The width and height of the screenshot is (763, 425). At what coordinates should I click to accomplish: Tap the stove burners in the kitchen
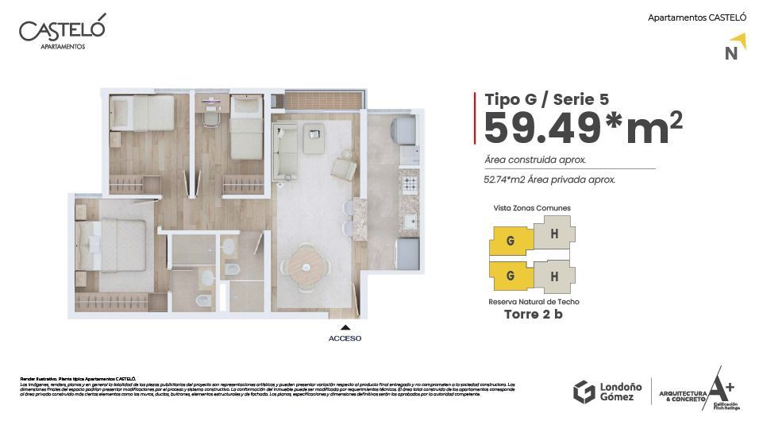pos(410,186)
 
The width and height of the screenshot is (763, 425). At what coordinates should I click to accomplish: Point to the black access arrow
pos(345,326)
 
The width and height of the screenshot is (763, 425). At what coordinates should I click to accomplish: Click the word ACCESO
pos(345,338)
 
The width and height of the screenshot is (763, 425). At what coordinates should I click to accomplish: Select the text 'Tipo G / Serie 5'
pos(547,99)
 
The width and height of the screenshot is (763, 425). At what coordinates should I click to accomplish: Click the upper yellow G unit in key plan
pos(510,238)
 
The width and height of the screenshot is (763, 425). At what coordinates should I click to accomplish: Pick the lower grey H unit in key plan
pos(553,276)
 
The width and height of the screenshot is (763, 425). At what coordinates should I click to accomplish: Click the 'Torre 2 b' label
pos(534,314)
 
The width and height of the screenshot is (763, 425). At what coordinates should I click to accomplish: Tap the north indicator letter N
pos(731,54)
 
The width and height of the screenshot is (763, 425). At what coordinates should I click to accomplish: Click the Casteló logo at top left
pos(62,33)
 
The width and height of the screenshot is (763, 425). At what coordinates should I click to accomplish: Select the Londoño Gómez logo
pos(603,391)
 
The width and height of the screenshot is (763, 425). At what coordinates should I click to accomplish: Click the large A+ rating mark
pos(720,387)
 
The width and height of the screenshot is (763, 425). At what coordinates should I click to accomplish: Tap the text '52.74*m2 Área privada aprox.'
pos(549,180)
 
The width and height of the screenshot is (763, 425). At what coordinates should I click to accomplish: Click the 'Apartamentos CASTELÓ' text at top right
pos(697,17)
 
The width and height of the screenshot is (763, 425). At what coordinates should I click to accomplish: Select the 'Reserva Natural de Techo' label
pos(534,302)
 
